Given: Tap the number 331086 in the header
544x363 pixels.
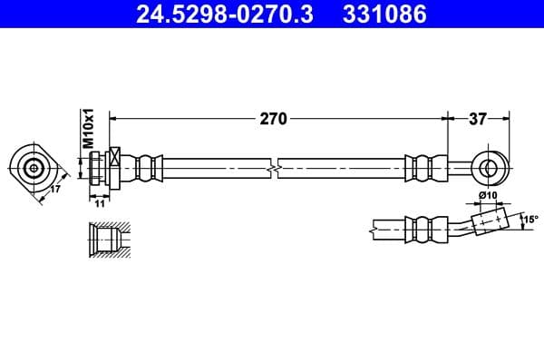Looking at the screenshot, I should click(382, 15).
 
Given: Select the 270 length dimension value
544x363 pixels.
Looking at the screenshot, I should click(274, 118).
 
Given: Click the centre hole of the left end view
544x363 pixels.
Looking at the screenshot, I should click(34, 167).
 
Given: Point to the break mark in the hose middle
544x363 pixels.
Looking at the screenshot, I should click(274, 168).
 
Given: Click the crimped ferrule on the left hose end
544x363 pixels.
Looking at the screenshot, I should click(144, 168).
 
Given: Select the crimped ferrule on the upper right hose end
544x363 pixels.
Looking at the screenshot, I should click(424, 168).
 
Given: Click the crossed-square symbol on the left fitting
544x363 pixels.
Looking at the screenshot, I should click(114, 155).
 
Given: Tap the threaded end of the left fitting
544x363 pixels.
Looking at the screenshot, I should click(94, 168).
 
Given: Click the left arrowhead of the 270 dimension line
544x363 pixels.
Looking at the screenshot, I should click(112, 118).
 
